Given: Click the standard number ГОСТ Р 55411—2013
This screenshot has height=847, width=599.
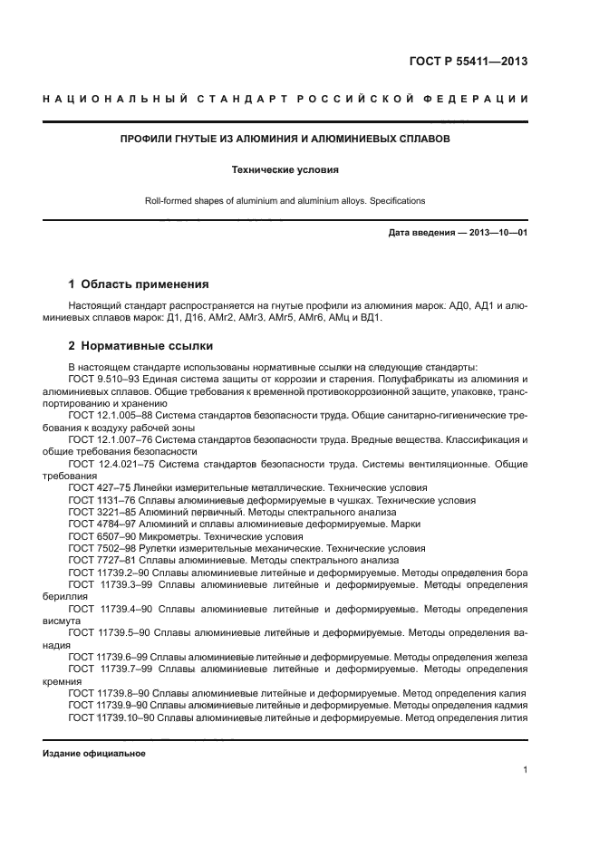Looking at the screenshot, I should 468,63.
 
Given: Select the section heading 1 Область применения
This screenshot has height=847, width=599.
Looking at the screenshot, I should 139,284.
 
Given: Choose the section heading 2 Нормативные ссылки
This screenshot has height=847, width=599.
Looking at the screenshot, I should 140,345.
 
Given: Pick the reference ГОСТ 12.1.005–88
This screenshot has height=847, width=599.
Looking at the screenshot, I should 111,414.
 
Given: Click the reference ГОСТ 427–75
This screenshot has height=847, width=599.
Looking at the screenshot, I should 101,487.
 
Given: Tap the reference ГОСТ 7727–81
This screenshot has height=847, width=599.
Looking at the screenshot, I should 103,562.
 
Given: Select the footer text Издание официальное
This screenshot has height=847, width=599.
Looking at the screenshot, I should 94,754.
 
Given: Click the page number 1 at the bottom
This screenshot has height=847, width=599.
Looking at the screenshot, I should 526,770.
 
